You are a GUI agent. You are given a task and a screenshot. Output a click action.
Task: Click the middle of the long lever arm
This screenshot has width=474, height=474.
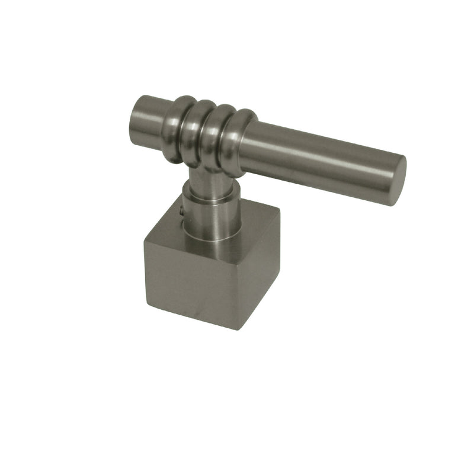pos(323,160)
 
